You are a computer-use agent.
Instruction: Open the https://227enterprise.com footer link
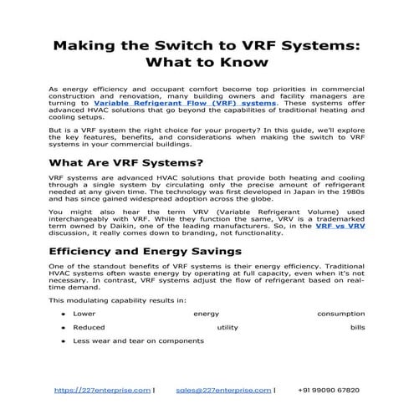coord(102,390)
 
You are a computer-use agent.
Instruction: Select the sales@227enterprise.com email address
coord(224,390)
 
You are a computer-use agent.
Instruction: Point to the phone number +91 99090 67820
coord(328,390)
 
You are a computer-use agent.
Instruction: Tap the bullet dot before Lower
coord(64,314)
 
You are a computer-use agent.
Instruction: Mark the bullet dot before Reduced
coord(64,328)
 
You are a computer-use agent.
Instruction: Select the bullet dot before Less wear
coord(64,341)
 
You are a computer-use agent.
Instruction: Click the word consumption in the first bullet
coord(340,314)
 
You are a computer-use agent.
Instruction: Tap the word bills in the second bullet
coord(357,328)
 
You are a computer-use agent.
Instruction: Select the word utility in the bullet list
coord(227,328)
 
